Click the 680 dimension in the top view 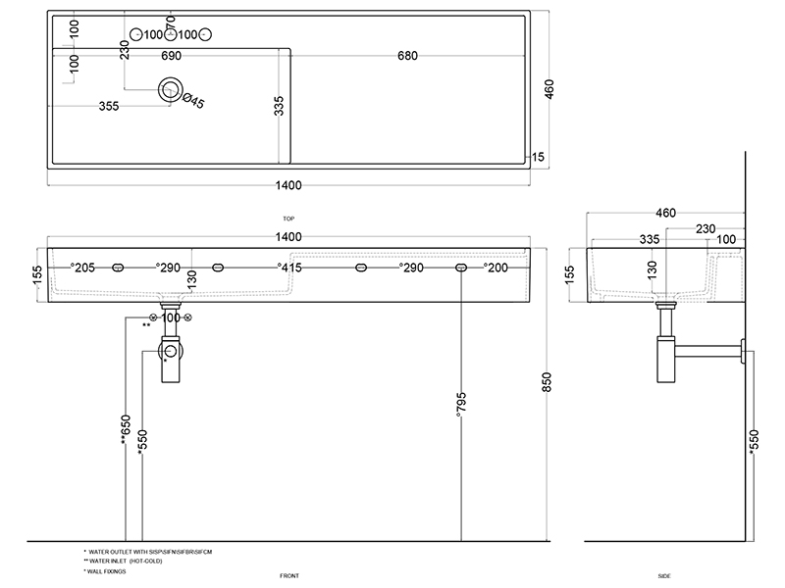[x=407, y=55]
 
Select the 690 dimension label [x=172, y=55]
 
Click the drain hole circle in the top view [x=172, y=89]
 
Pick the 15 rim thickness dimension [x=538, y=157]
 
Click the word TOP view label [x=288, y=219]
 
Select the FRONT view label [x=288, y=575]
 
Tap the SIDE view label [x=664, y=575]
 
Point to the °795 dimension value [x=461, y=405]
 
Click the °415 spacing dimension [x=288, y=267]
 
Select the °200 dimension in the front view [x=497, y=267]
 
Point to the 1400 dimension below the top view [x=288, y=185]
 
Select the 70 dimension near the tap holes [x=172, y=21]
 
